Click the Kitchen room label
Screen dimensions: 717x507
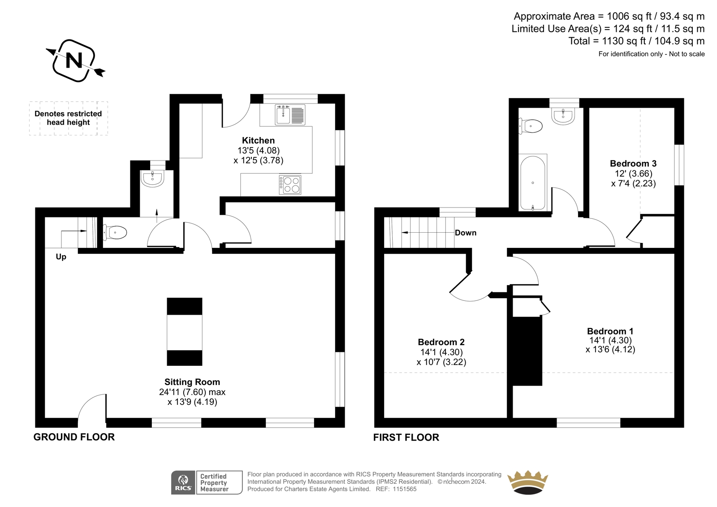pos(258,140)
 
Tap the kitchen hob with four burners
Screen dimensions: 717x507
pos(290,185)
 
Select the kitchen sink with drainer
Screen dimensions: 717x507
pos(290,115)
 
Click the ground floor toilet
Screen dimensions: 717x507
pos(115,232)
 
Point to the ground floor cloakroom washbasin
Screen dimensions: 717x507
pos(153,178)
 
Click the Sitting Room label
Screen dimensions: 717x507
pos(192,382)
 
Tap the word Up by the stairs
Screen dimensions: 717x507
pos(61,257)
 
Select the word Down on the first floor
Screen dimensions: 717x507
pos(466,233)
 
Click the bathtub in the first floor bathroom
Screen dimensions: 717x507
pos(533,183)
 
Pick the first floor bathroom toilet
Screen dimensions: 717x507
pos(531,126)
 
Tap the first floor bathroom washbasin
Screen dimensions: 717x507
pos(563,116)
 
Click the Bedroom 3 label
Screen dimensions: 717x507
pos(633,164)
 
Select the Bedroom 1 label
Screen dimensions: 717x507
pos(610,331)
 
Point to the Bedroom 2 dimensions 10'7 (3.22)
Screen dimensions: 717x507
pos(441,362)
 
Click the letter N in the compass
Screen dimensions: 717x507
pos(74,60)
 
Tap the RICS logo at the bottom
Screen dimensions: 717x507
pos(183,482)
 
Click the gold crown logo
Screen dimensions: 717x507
pos(528,482)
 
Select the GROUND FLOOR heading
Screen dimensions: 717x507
pos(74,437)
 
